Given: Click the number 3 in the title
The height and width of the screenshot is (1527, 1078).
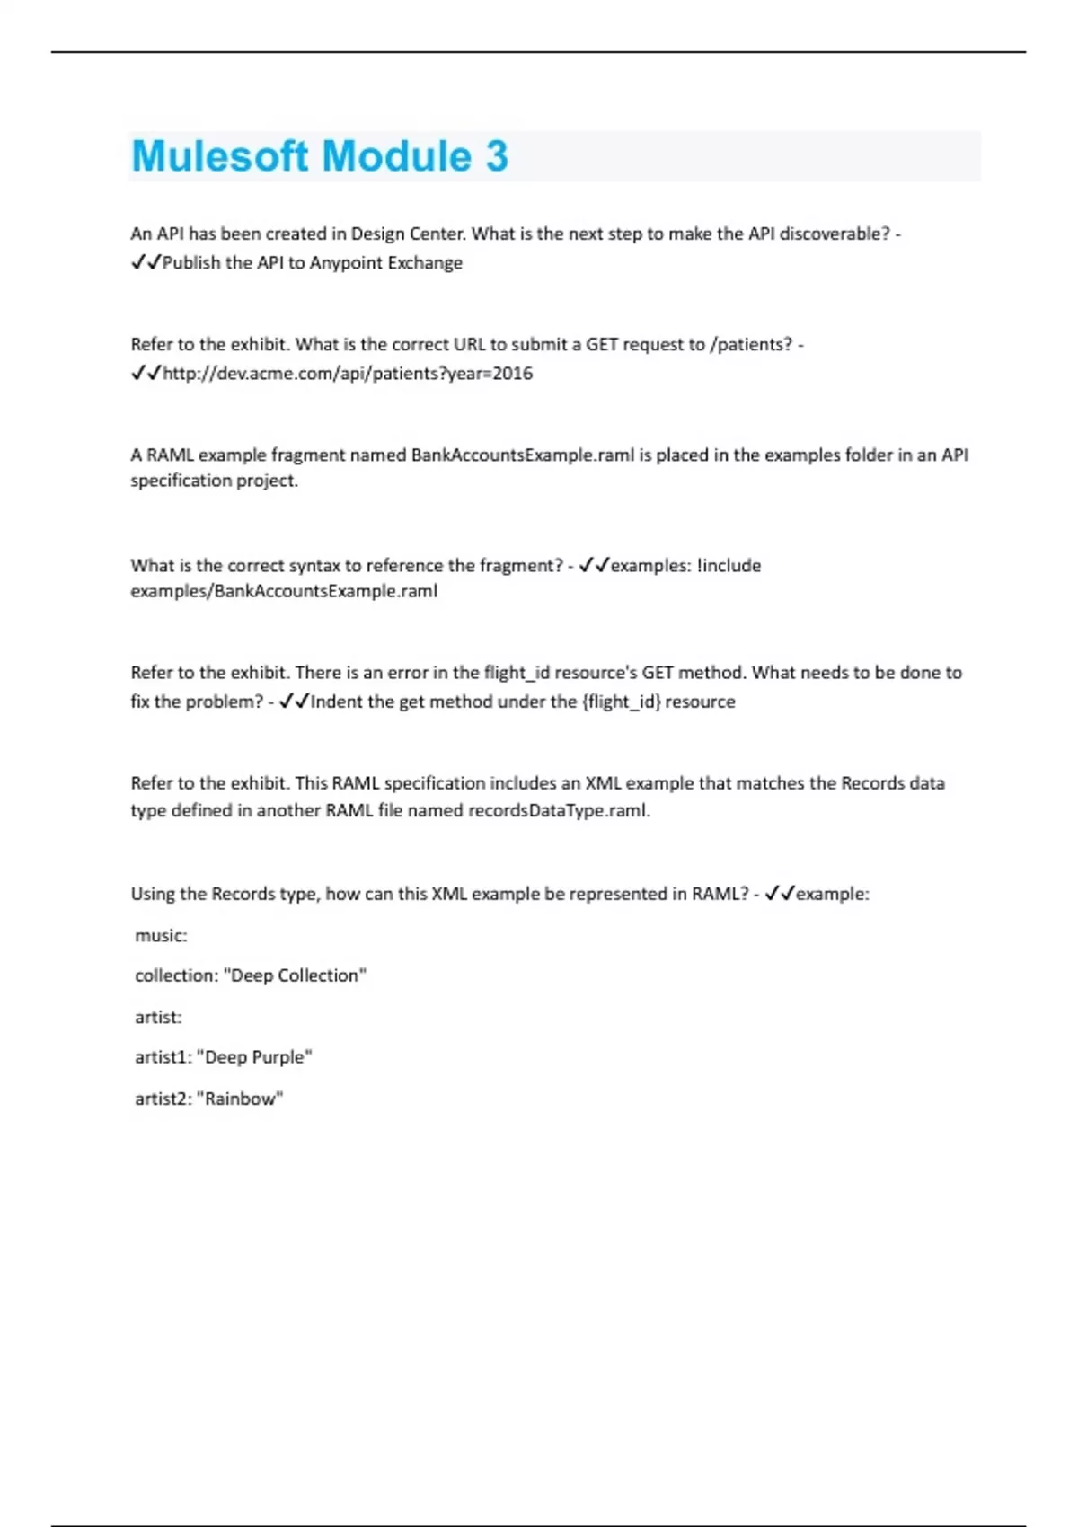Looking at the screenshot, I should [x=497, y=156].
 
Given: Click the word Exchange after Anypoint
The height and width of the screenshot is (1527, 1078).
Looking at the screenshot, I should [x=424, y=263].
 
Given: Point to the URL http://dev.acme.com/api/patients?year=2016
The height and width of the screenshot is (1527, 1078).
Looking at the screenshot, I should [x=348, y=374].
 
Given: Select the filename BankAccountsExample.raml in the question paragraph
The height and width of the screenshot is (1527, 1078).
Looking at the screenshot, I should [x=523, y=455].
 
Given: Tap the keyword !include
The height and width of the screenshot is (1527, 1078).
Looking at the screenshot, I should [x=729, y=566].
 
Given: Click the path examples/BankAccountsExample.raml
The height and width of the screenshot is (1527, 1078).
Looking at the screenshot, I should [x=284, y=591].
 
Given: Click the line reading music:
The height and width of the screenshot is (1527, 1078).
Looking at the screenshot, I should [x=161, y=936].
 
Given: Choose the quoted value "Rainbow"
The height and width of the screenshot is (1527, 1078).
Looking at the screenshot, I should [x=240, y=1099].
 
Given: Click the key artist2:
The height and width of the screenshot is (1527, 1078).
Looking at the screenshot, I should [x=163, y=1099].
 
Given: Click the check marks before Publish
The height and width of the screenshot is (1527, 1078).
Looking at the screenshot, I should [x=146, y=263].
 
